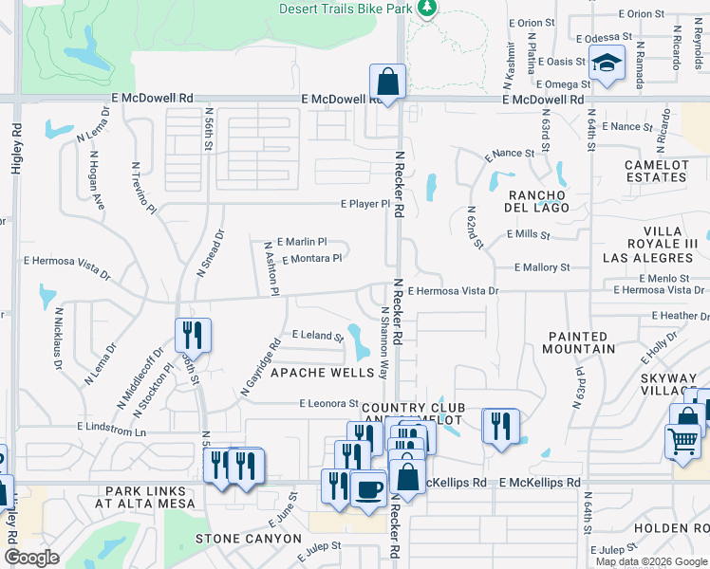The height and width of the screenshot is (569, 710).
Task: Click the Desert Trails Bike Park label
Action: point(345,9)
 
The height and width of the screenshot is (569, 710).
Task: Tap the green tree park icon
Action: point(427,9)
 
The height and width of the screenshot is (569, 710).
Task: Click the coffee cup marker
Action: point(368,488)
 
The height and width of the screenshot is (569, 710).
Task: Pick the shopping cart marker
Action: point(682,441)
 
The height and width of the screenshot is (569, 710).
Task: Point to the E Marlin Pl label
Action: point(302,242)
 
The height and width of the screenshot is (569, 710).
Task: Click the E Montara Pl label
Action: point(311,258)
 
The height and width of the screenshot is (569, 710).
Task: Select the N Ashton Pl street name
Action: point(271,268)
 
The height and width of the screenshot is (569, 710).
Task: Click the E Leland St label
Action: point(317,335)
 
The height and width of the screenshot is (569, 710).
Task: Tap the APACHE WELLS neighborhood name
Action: point(324,373)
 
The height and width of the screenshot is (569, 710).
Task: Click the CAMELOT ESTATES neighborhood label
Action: point(656,171)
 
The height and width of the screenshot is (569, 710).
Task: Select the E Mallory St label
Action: point(542,268)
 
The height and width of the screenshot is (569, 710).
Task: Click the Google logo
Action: point(31,558)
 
